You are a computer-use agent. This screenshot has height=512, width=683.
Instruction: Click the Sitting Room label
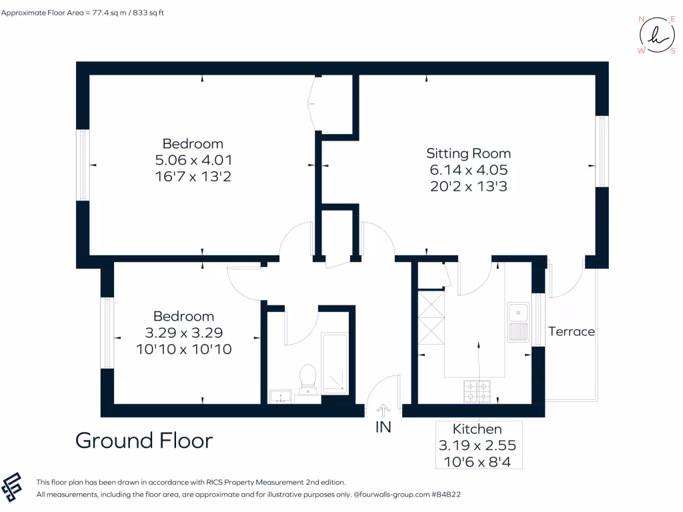click(468, 153)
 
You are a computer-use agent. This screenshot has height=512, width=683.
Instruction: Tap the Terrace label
click(571, 331)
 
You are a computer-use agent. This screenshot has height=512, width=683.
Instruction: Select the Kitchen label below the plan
click(477, 429)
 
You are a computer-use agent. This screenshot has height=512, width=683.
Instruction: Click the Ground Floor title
click(144, 441)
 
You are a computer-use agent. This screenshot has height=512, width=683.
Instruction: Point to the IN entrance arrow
click(384, 410)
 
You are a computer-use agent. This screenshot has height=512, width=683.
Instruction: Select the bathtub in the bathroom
click(334, 363)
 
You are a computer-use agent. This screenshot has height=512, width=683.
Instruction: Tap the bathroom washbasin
click(280, 397)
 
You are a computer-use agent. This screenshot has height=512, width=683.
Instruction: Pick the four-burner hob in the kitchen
click(477, 391)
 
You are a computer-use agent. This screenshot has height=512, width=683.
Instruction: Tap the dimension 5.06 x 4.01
click(193, 160)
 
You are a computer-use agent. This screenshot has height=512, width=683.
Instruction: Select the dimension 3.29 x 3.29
click(183, 333)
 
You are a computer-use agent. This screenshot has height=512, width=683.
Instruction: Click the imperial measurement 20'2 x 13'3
click(468, 187)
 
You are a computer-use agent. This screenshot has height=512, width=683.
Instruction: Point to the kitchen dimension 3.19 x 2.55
click(477, 445)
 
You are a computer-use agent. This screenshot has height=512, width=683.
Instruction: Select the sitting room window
click(602, 151)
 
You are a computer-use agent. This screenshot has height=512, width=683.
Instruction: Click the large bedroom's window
click(83, 165)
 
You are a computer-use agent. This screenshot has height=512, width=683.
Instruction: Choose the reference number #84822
click(446, 495)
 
